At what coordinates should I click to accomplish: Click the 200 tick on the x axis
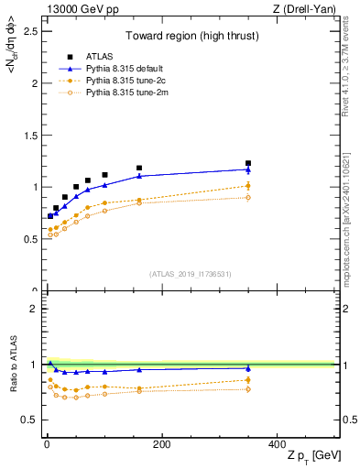coord(161,444)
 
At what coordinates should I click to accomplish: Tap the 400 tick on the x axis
coord(277,444)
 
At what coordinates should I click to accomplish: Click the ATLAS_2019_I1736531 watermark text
coord(191,274)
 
